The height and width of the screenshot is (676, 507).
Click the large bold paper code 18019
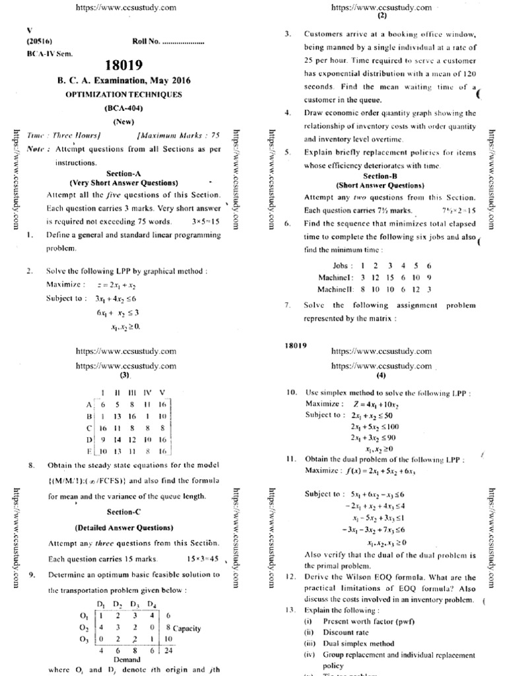point(123,65)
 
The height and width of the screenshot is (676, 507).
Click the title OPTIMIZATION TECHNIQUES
point(123,94)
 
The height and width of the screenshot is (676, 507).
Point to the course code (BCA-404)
point(123,108)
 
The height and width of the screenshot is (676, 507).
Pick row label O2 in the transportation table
point(83,628)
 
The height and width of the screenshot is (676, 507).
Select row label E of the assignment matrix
point(88,451)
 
